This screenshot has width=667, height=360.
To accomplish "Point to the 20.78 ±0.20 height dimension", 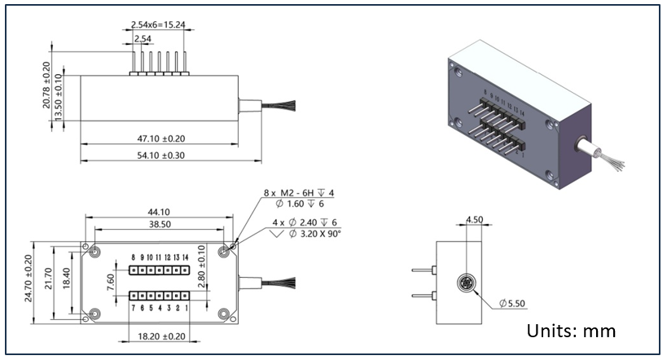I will [46, 86].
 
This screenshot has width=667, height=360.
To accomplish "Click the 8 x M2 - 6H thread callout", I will [298, 193].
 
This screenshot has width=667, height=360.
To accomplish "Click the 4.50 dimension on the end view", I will [475, 218].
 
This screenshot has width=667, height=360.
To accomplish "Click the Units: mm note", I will [571, 331].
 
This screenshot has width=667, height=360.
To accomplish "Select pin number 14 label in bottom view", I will [186, 257].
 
